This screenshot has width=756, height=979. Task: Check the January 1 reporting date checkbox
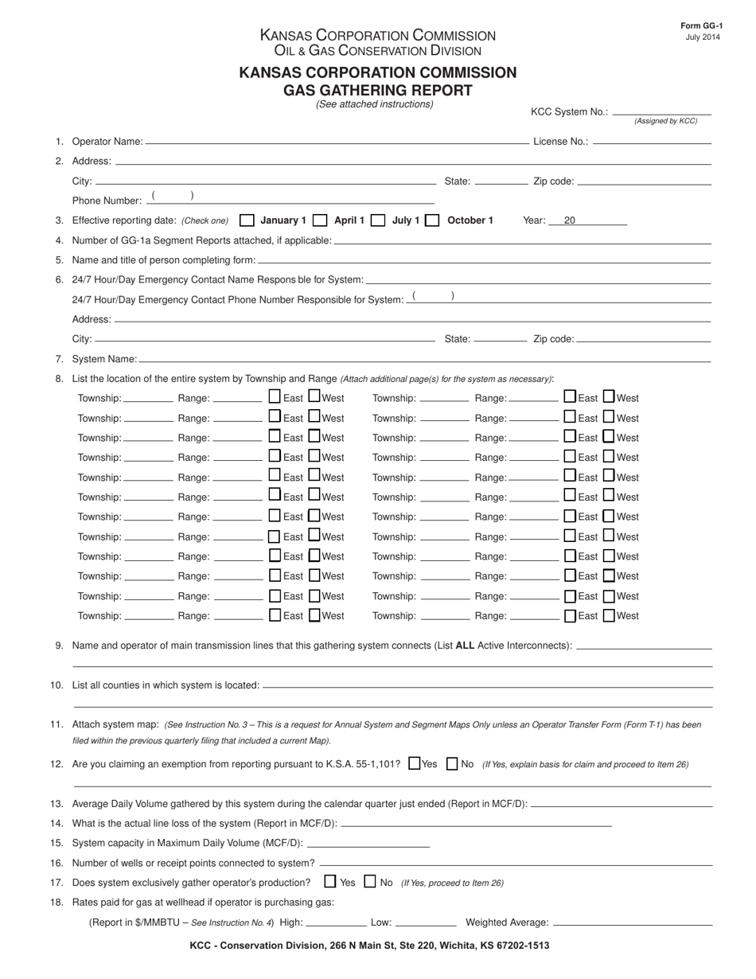coord(247,220)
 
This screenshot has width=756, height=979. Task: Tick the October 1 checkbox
coord(433,220)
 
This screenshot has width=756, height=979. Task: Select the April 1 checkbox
coord(321,220)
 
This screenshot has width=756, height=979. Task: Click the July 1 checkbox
coord(379,220)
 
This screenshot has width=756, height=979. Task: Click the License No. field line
coord(652,142)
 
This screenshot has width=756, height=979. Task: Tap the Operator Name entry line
coord(337,142)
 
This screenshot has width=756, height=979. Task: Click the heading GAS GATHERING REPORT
coord(377,90)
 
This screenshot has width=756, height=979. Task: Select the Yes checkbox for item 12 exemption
coord(414,764)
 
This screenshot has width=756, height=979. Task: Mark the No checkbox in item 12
coord(452,764)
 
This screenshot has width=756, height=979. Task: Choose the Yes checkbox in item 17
coord(330,882)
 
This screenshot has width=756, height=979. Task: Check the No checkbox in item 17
coord(370,882)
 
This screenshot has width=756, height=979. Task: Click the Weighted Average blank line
coord(632,923)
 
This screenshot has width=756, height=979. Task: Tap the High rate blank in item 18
coord(336,923)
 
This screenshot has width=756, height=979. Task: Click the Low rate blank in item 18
coord(426,923)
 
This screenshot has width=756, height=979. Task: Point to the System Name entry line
coord(424,360)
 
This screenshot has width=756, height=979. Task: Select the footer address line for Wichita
coord(369,946)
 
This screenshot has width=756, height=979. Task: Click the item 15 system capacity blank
coord(368,843)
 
